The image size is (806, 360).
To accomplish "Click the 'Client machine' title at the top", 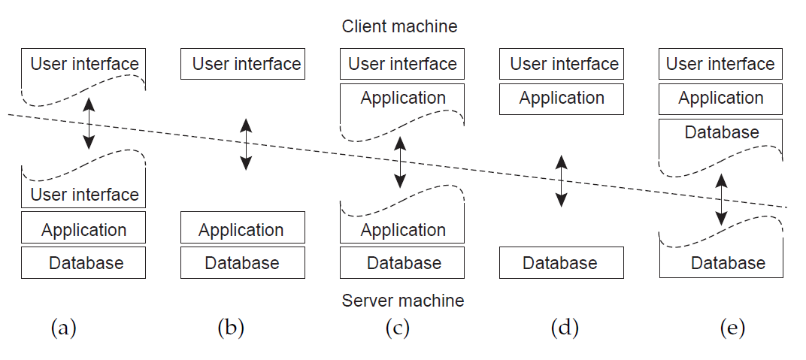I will [399, 26].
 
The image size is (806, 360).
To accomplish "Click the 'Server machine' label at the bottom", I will [402, 301].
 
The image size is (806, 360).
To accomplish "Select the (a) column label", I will [64, 328].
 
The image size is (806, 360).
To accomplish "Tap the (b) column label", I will [231, 328].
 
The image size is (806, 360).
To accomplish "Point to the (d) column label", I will [565, 328].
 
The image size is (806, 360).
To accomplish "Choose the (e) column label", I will [732, 328].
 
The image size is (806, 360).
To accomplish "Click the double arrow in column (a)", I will [89, 123].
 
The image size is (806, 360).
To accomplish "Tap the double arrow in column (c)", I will [400, 162].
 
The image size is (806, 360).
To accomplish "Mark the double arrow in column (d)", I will [561, 180].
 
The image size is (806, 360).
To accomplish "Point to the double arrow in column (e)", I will [721, 199].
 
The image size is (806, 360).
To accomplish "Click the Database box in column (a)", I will [83, 263].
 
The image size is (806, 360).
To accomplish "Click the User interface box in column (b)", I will [242, 64].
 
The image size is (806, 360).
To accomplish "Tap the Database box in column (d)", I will [562, 263].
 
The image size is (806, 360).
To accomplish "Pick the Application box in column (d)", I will [562, 98].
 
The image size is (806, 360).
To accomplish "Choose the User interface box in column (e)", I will [720, 64].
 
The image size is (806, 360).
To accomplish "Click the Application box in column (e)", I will [720, 98].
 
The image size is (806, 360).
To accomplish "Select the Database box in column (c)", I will [402, 263].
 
